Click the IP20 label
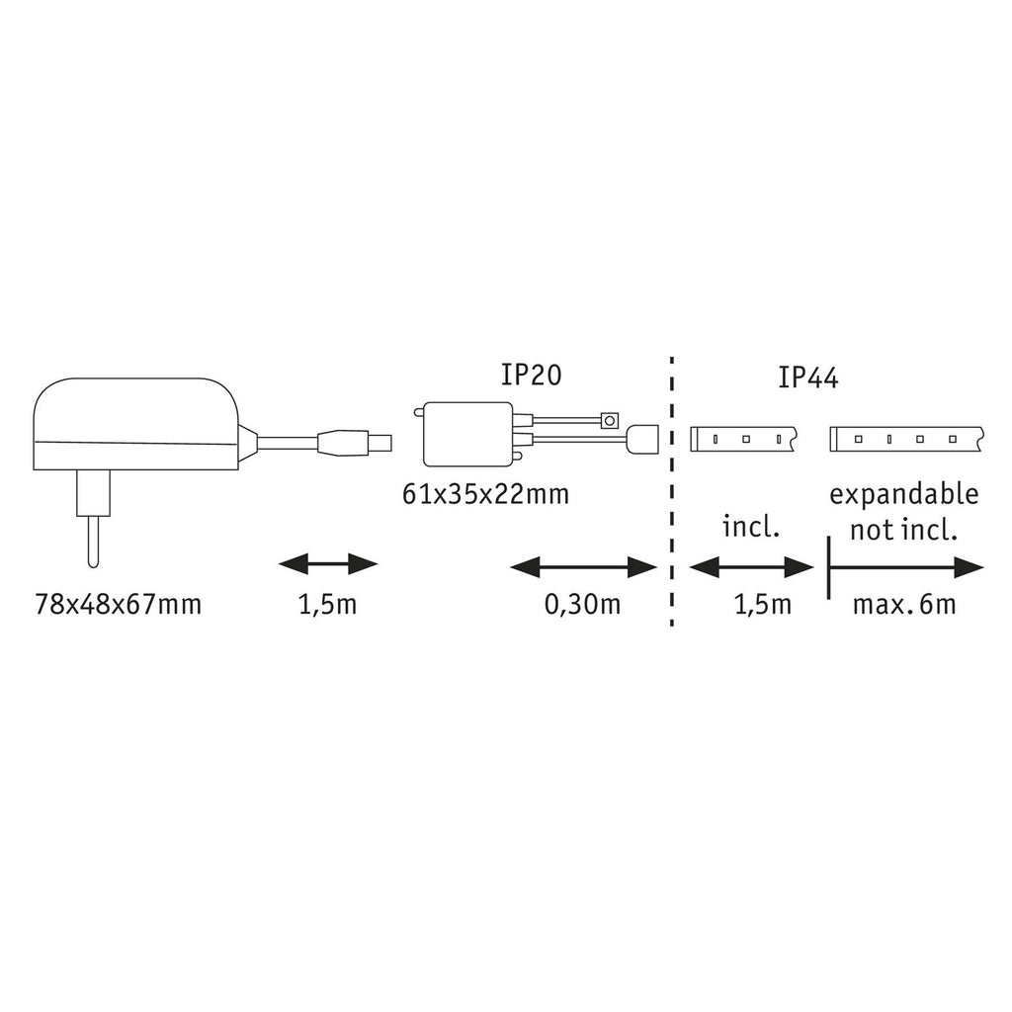531,375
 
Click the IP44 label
808,378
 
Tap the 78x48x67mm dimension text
119,605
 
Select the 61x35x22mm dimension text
485,494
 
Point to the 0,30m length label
583,604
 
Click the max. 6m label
904,605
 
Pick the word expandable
904,495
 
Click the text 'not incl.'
903,531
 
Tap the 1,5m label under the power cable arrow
327,605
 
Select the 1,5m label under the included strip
763,605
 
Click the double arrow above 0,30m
583,568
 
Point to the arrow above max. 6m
905,568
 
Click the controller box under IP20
467,434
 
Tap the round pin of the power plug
94,542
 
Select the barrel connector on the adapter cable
355,443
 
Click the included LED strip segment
744,439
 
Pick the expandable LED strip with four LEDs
906,439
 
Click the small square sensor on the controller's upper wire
609,420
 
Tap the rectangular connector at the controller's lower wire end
642,439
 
